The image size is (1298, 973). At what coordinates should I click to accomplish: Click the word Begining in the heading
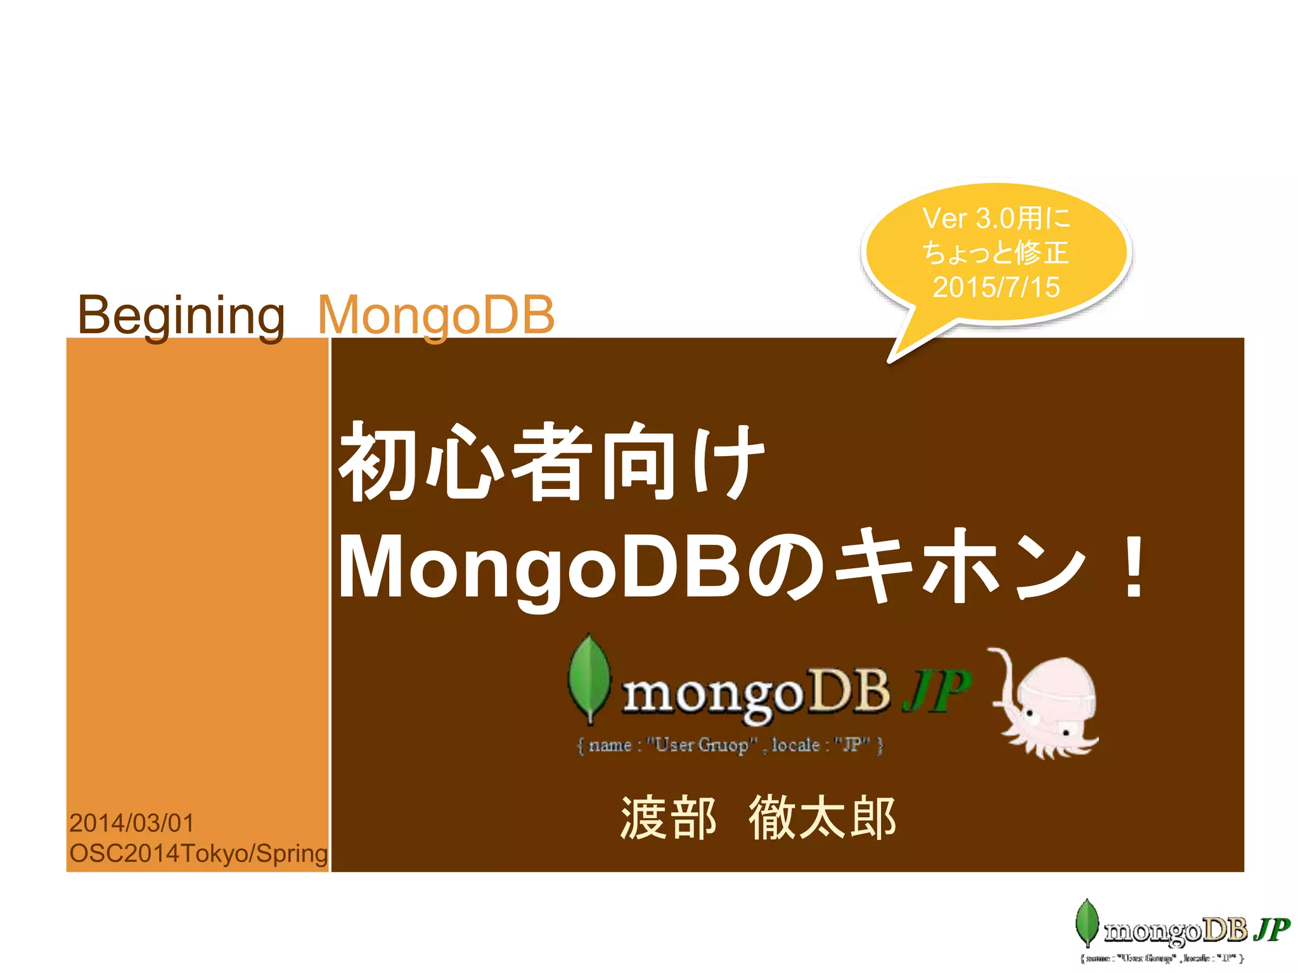(x=181, y=315)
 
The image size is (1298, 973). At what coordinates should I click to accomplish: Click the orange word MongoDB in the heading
(x=436, y=315)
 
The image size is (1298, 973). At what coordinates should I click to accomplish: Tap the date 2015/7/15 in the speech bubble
(x=996, y=287)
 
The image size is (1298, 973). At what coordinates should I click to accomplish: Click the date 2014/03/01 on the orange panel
(x=132, y=823)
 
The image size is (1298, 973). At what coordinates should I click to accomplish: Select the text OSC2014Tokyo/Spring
(x=198, y=853)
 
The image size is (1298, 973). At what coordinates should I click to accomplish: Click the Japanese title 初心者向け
(x=551, y=462)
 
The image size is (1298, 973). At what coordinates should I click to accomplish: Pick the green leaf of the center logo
(x=589, y=678)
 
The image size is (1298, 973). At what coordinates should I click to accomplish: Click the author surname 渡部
(x=668, y=818)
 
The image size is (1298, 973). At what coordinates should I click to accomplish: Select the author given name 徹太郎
(x=822, y=818)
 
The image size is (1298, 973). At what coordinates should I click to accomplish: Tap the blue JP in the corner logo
(x=1273, y=929)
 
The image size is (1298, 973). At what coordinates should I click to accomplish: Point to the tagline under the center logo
(x=729, y=745)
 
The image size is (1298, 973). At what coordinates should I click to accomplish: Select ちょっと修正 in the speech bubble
(x=996, y=253)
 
